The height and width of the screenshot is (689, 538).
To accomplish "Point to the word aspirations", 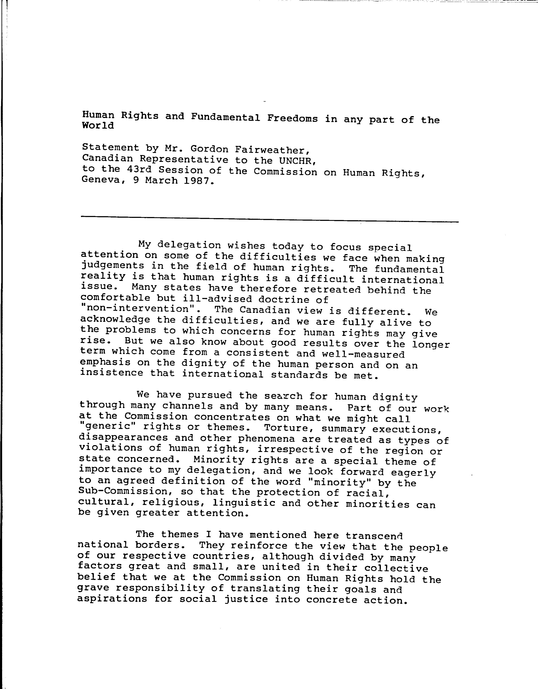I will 112,598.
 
